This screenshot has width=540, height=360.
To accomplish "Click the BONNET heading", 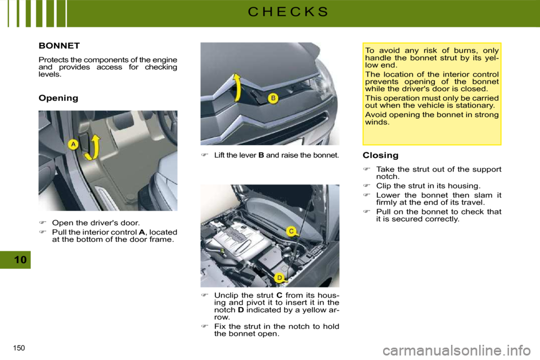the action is [59, 46].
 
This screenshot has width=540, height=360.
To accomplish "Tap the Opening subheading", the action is [58, 98].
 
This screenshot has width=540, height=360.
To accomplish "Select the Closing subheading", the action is [381, 155].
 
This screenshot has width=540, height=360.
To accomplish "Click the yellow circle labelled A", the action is [73, 145].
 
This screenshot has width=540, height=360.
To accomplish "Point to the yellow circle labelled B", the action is [273, 98].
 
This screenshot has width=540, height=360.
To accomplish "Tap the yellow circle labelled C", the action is [291, 231].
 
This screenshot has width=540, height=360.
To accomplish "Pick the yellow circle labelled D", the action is [280, 278].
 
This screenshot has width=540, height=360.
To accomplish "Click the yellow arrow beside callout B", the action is [237, 88].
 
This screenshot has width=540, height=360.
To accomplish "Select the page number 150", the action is [19, 348].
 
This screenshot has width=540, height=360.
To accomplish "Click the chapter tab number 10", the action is [20, 259].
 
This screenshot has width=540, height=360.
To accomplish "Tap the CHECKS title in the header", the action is [288, 12].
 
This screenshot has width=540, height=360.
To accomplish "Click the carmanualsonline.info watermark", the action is [457, 350].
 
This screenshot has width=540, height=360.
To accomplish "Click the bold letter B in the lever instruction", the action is [261, 155].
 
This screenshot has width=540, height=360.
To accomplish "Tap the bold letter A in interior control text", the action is [142, 232].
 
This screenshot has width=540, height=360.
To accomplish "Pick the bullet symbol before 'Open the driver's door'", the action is [42, 223].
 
